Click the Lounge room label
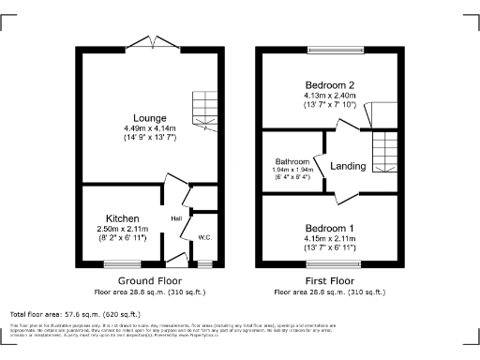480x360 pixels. (x=150, y=117)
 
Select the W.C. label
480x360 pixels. (x=204, y=237)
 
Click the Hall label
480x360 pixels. (x=175, y=219)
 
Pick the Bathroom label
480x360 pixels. (x=292, y=161)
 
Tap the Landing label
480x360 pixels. (x=348, y=166)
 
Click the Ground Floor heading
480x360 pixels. (x=150, y=280)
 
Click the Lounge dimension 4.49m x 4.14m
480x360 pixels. (x=150, y=129)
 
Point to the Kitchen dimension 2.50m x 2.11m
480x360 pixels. (x=124, y=227)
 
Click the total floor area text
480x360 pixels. (x=75, y=314)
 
